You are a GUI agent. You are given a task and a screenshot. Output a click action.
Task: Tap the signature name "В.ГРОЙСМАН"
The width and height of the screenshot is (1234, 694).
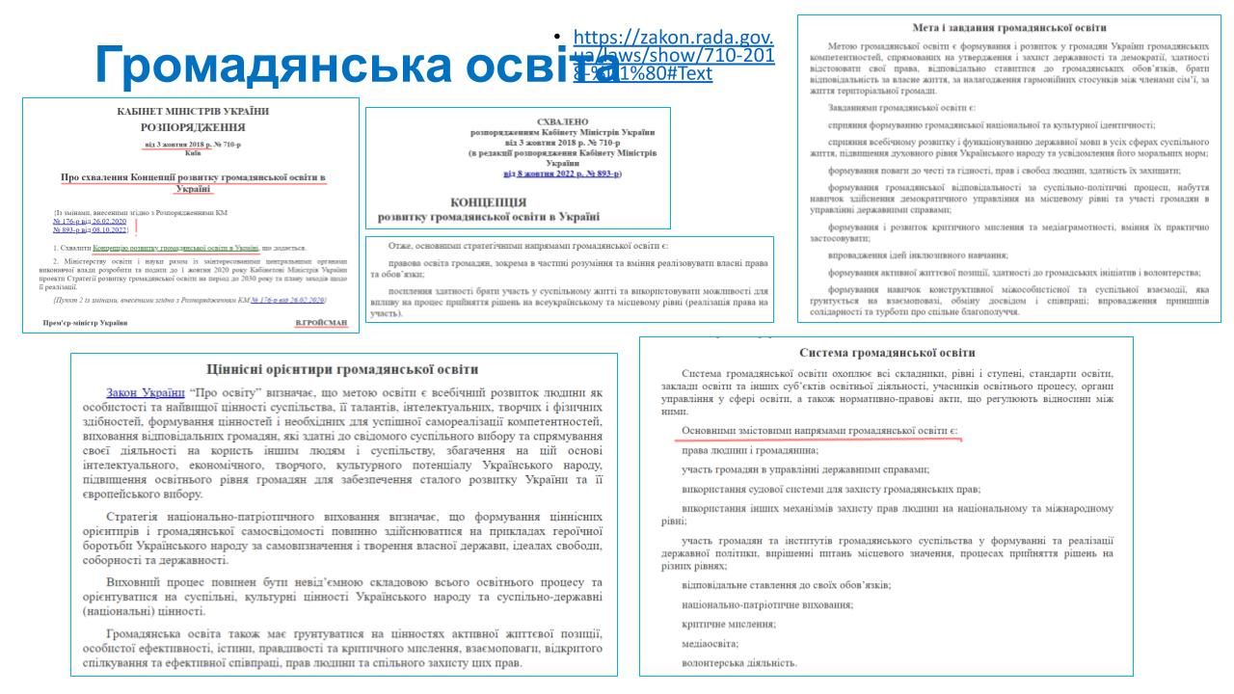[x=323, y=322]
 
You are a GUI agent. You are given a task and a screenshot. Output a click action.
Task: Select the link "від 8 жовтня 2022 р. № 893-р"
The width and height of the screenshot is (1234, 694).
[x=562, y=174]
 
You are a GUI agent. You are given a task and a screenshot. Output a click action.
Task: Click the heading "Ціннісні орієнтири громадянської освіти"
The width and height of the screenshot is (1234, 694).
[x=344, y=369]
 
